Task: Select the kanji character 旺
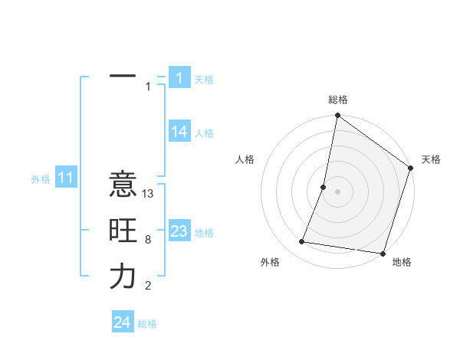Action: (x=123, y=231)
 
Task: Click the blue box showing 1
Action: (x=179, y=77)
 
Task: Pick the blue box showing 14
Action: (x=179, y=132)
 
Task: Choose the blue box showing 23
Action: (x=179, y=231)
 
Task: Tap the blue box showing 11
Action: (x=65, y=178)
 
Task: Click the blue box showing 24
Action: (x=122, y=322)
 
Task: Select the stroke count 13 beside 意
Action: (x=149, y=194)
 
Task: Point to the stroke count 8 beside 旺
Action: (x=148, y=240)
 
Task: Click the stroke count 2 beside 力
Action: (x=148, y=286)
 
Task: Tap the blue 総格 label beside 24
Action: (x=147, y=324)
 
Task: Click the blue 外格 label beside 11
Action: (x=41, y=179)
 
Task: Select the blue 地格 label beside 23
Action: (x=205, y=233)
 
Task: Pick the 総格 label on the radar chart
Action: (x=338, y=100)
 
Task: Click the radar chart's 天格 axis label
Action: (x=431, y=159)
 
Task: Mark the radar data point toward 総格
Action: (x=337, y=116)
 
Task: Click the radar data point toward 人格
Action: (x=324, y=187)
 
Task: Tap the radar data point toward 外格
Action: (x=302, y=242)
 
